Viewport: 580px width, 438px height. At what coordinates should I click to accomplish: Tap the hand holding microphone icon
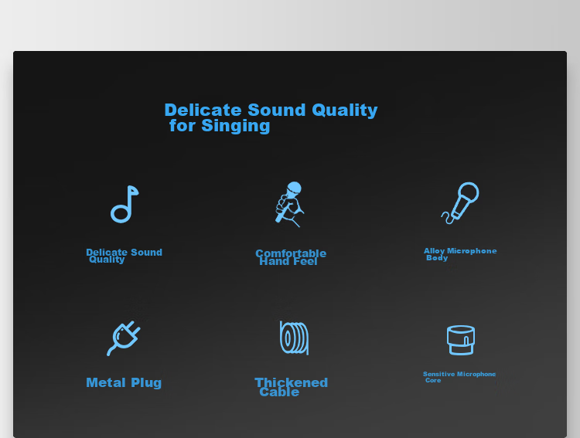(x=289, y=203)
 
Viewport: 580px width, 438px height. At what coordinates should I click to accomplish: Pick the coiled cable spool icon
(x=294, y=338)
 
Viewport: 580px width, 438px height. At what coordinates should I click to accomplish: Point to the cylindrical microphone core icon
(x=461, y=340)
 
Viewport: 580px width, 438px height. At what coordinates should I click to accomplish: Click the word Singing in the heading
(x=236, y=126)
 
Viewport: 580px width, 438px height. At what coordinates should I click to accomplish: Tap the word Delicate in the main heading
(x=203, y=110)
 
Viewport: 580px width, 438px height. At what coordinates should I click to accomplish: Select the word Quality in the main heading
(x=345, y=110)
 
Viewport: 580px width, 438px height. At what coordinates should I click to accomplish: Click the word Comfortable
(x=291, y=253)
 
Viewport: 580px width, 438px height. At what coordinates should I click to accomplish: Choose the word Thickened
(x=291, y=382)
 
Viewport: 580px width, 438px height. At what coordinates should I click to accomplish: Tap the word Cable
(x=279, y=392)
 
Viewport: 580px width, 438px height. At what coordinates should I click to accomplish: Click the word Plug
(x=146, y=383)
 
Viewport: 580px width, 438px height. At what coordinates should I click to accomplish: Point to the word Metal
(x=106, y=382)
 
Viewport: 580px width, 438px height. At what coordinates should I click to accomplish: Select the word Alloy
(x=434, y=251)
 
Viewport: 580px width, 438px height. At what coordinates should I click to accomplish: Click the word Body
(x=437, y=258)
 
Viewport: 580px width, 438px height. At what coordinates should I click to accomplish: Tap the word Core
(x=433, y=380)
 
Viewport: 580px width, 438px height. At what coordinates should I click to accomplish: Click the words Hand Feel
(x=288, y=261)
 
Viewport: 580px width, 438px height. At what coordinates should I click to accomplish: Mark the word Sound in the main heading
(x=277, y=110)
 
